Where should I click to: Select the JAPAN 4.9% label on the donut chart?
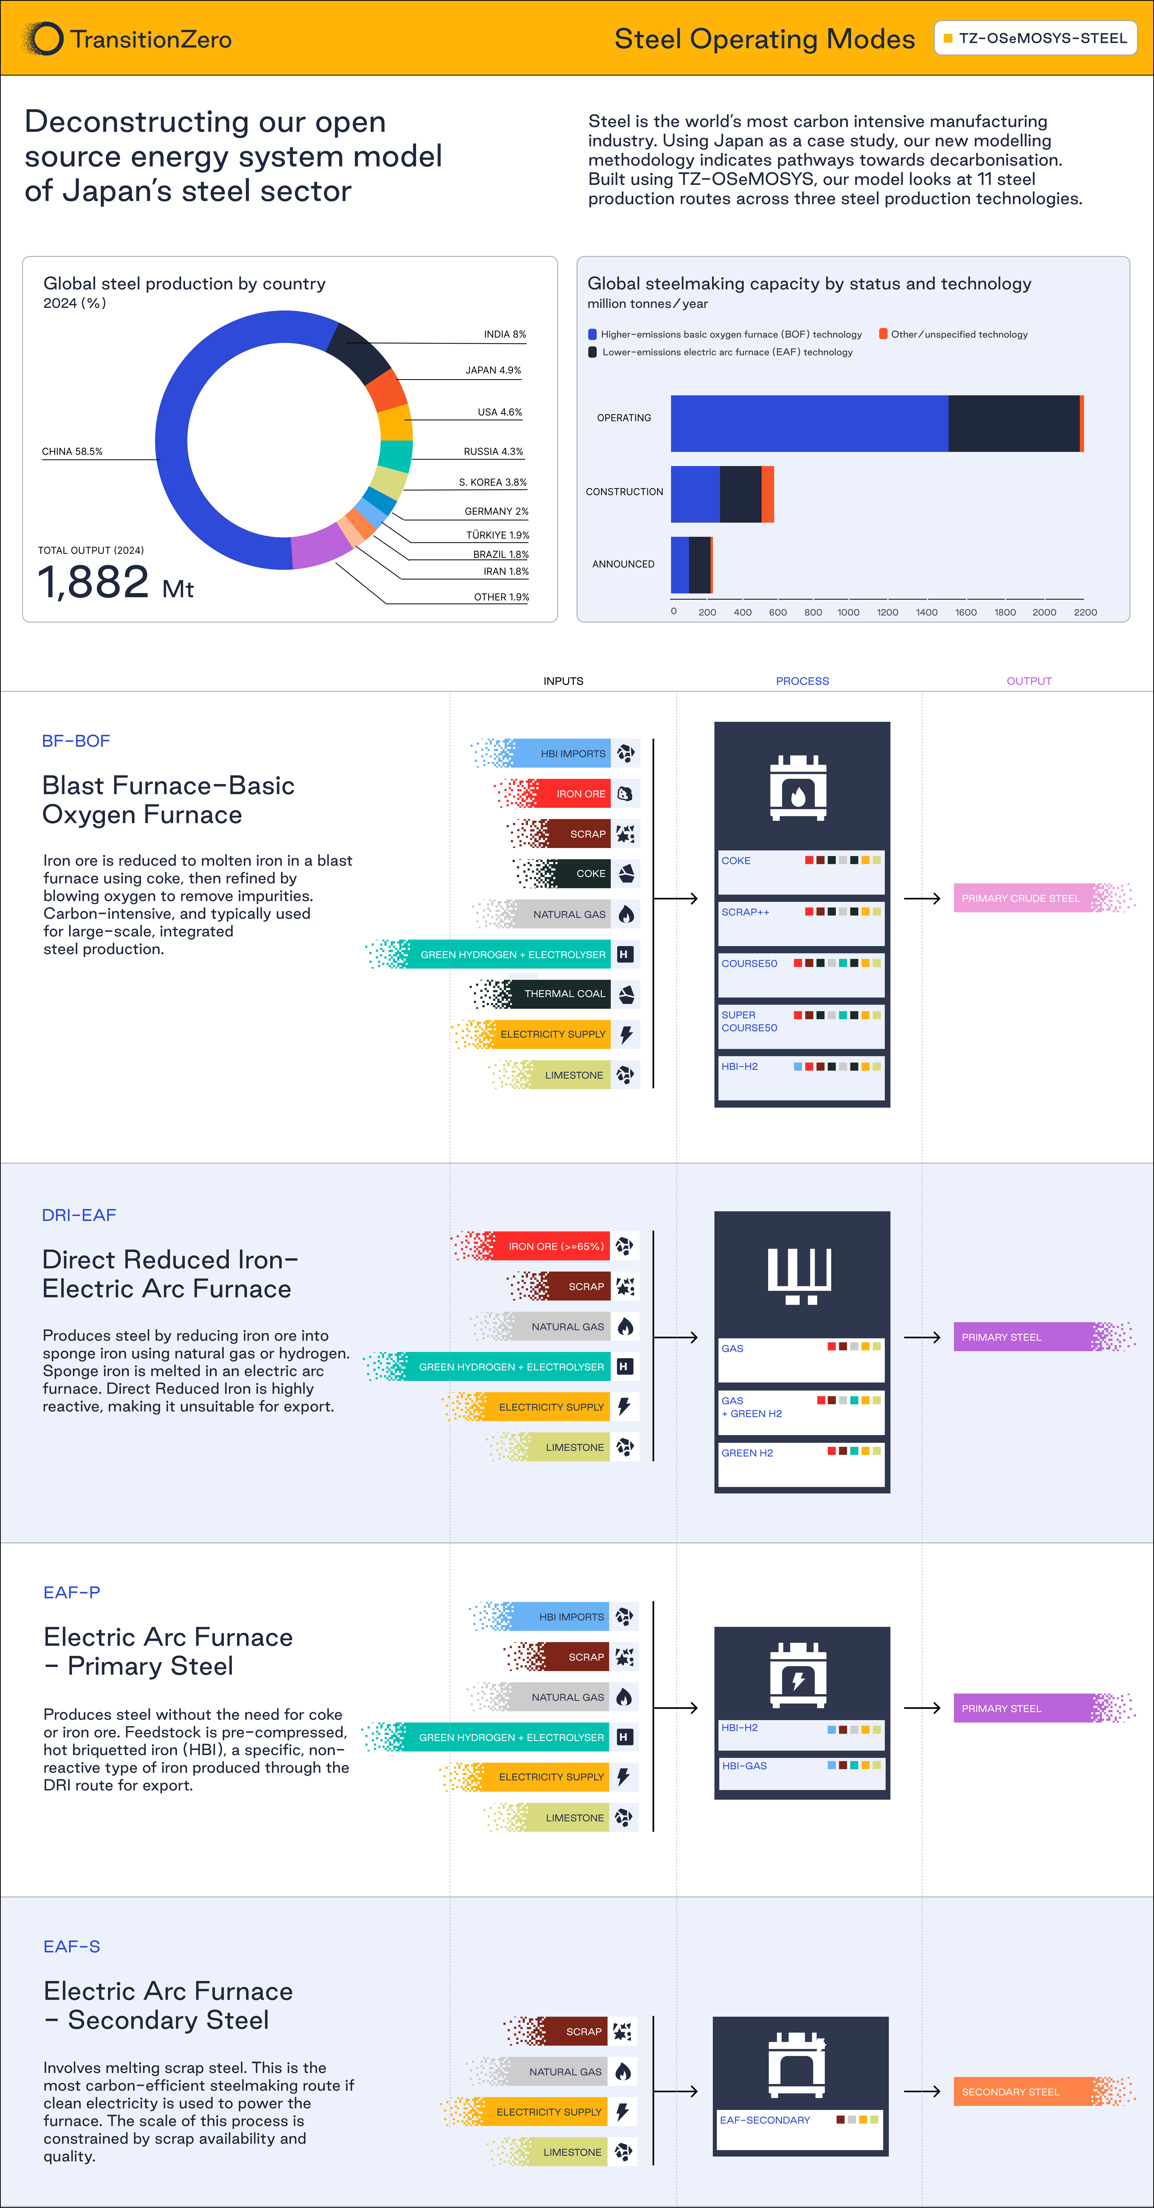[x=493, y=370]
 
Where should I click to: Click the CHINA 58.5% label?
[x=72, y=452]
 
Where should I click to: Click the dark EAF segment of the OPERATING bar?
[x=1013, y=423]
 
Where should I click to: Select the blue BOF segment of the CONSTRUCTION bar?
[x=695, y=495]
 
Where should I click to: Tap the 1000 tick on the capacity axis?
[x=848, y=612]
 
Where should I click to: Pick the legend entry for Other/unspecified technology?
[x=953, y=334]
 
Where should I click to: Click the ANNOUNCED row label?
[x=623, y=564]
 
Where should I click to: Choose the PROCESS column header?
[x=803, y=681]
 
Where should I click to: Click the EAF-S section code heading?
[x=72, y=1947]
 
